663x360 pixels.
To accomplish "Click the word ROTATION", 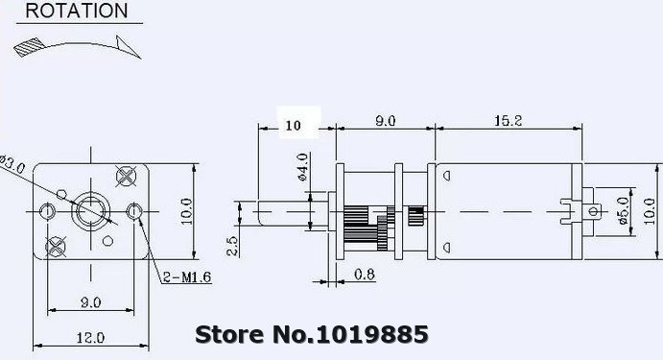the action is [x=77, y=11].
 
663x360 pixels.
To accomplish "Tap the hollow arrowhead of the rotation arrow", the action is [x=128, y=46].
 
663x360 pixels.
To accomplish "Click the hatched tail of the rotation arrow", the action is [x=29, y=46].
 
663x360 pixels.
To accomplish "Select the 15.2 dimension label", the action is [x=509, y=121].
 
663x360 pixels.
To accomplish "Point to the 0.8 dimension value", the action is [x=365, y=275].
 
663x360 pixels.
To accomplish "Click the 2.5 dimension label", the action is [x=232, y=246].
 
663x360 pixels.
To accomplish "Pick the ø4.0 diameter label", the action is [x=302, y=167].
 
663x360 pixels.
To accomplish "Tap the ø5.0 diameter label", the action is [x=622, y=210].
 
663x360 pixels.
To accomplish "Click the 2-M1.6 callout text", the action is [x=187, y=277].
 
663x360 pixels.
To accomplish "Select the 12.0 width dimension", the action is [x=90, y=338].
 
